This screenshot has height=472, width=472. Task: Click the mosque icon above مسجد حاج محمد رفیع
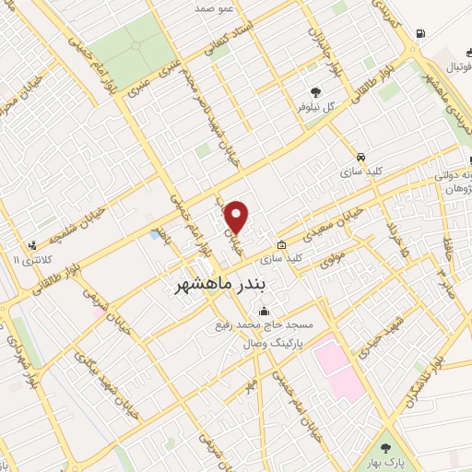click(x=265, y=310)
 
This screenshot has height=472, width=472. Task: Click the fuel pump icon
click(x=421, y=34)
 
